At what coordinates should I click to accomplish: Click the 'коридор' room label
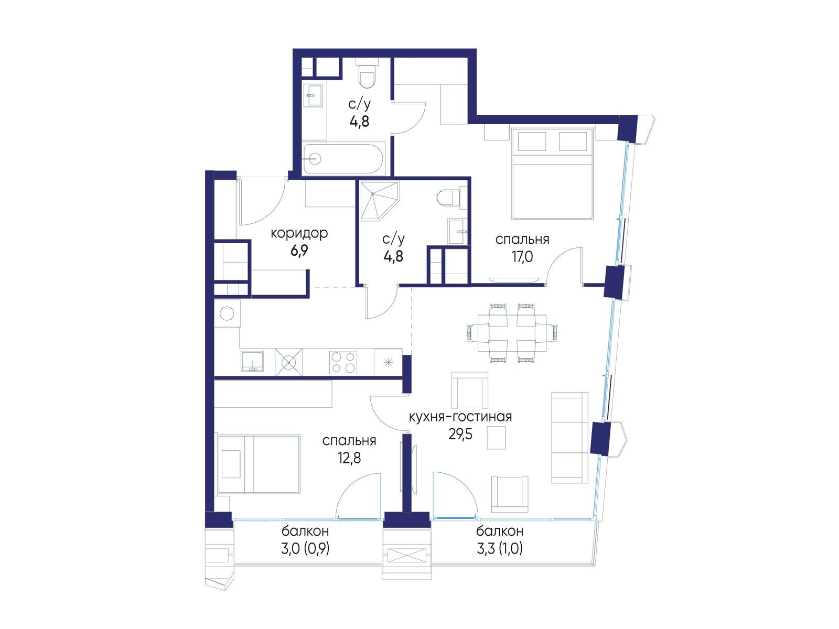tap(299, 233)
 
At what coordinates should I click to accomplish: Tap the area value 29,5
tap(460, 434)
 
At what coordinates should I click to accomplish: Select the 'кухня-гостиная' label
tap(460, 416)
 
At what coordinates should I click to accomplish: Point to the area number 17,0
tap(522, 257)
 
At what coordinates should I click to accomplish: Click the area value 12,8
tap(349, 457)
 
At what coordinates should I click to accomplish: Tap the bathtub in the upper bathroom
tap(342, 158)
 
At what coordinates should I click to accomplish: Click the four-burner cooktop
tap(343, 362)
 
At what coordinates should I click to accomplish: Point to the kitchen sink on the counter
tap(252, 361)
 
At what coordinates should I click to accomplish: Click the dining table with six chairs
tap(512, 332)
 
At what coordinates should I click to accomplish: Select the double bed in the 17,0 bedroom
tap(552, 174)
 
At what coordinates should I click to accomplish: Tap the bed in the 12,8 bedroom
tap(259, 464)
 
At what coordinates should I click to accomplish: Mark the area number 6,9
tap(299, 251)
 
